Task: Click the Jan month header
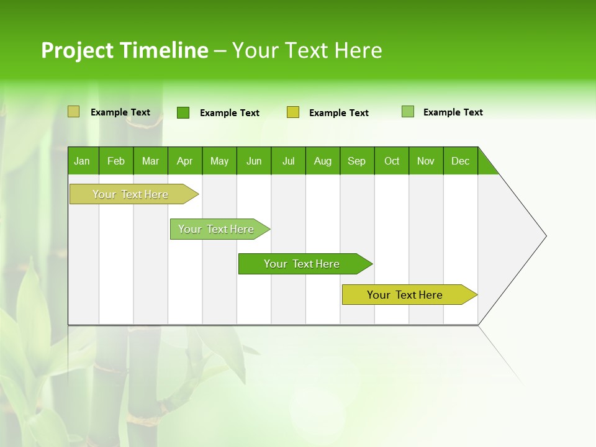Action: coord(83,161)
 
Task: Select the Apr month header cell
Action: coord(185,161)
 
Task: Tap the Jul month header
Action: coord(288,161)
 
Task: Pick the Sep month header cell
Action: coord(357,161)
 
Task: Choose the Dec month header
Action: coord(460,161)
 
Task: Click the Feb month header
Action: coord(116,161)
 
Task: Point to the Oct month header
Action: coord(392,161)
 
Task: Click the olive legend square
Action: coord(74,112)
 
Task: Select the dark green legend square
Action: coord(183,112)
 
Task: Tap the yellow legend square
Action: coord(293,112)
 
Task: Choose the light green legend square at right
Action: coord(408,112)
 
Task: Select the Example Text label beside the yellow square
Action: coord(339,113)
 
